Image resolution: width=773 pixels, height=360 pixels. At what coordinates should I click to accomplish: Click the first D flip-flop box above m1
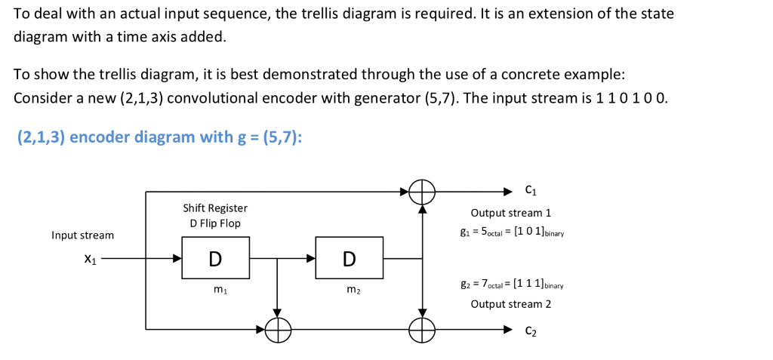click(214, 258)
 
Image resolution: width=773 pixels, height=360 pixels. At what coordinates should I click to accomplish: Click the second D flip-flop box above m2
click(349, 258)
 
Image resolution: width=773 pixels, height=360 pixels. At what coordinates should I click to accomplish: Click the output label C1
click(531, 189)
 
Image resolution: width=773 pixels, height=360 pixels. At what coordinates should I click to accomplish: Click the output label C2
click(531, 331)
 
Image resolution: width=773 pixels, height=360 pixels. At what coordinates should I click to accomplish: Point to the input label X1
click(90, 259)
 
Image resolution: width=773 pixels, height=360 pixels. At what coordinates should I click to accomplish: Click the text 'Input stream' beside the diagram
click(83, 235)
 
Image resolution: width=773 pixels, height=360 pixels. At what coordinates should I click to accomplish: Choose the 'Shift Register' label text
click(215, 208)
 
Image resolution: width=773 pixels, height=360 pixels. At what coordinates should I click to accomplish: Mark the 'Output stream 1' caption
click(511, 213)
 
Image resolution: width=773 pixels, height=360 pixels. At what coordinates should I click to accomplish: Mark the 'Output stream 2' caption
click(511, 304)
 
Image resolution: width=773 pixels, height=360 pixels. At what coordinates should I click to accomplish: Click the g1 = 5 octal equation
click(517, 231)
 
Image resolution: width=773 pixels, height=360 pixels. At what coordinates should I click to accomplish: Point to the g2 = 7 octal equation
click(517, 286)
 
